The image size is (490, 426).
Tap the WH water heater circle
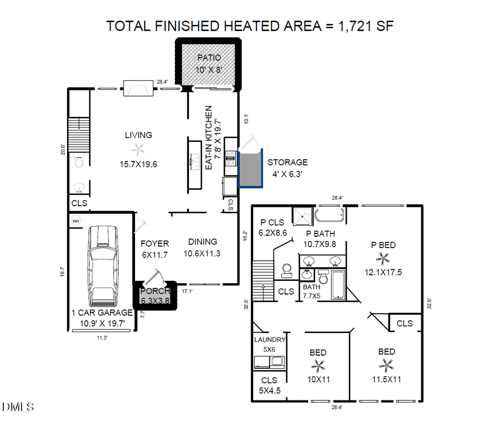(x=76, y=221)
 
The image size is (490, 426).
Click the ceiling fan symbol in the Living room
(x=139, y=149)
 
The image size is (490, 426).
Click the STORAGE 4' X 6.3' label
(x=287, y=168)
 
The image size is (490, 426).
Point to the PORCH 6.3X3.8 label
(x=155, y=295)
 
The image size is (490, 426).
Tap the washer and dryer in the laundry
(x=269, y=361)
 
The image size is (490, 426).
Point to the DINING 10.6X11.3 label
(x=202, y=247)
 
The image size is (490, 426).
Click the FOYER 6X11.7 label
(x=155, y=249)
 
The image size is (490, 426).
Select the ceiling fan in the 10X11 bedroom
(x=318, y=366)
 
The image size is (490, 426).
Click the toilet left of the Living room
(x=79, y=161)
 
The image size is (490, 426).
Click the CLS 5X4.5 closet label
(x=269, y=385)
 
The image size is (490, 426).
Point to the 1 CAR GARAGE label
(x=102, y=317)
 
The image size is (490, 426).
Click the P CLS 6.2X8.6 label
(x=272, y=227)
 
